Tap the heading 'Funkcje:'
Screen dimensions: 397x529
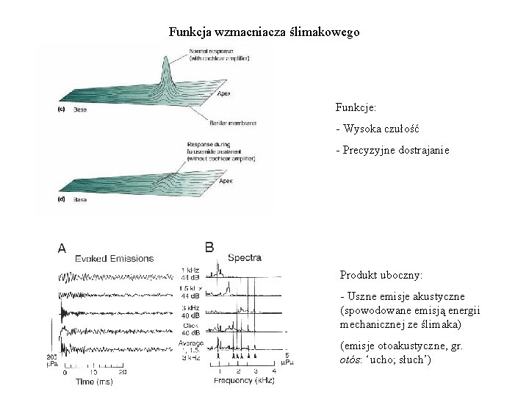point(356,109)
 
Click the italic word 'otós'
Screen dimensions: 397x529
point(350,360)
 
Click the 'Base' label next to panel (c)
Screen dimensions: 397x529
point(74,110)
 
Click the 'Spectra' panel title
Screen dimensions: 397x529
point(245,258)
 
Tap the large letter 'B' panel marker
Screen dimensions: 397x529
point(209,248)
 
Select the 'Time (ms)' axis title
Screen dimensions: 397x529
point(95,383)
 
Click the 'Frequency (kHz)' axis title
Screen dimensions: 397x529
point(244,381)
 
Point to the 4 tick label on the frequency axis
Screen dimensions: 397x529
point(274,372)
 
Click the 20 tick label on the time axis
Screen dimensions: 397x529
point(122,373)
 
